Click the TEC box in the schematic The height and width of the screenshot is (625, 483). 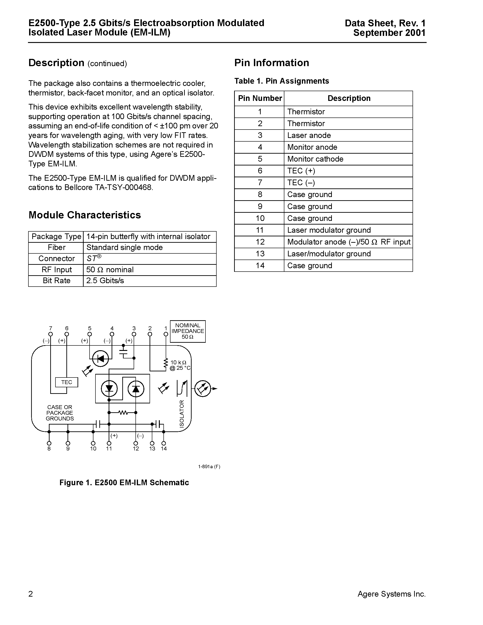click(66, 382)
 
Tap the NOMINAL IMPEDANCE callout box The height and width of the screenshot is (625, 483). click(188, 331)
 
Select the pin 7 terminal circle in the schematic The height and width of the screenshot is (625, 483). click(51, 334)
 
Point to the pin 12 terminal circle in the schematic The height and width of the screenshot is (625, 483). click(136, 443)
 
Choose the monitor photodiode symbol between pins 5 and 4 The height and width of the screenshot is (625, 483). click(100, 358)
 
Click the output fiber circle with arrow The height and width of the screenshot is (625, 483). click(203, 389)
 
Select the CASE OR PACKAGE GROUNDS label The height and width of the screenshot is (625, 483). click(60, 413)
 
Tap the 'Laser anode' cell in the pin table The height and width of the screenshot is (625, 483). click(309, 135)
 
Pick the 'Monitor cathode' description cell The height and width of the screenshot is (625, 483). click(315, 159)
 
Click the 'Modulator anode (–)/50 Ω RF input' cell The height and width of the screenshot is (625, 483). click(348, 242)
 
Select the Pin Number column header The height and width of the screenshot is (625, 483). click(260, 98)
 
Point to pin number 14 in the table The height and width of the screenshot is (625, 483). click(260, 265)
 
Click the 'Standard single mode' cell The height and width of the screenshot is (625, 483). click(125, 247)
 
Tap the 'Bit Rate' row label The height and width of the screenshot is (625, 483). click(56, 281)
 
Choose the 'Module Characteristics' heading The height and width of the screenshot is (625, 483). click(85, 215)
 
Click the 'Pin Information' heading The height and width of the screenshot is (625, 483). click(272, 63)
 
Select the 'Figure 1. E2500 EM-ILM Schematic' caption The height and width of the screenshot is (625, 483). click(124, 482)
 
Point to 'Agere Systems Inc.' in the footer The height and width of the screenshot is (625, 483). click(391, 594)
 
